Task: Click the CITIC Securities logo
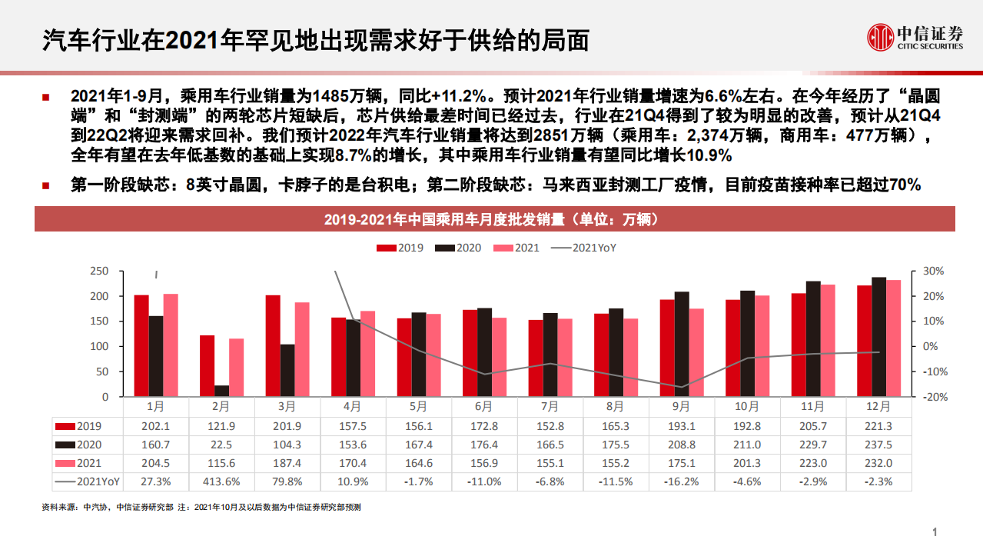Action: [915, 37]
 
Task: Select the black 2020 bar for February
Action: [221, 391]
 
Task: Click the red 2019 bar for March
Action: [272, 345]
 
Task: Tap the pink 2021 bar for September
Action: [696, 352]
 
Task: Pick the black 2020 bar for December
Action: [878, 337]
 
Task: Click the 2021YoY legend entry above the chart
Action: [583, 248]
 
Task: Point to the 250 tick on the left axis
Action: [99, 272]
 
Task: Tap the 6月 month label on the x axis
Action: [484, 407]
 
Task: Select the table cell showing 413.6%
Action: [221, 481]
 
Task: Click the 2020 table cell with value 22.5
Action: [221, 445]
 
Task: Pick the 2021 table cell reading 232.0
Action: [878, 463]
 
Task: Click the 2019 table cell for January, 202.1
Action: [156, 426]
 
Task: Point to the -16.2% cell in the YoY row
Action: [682, 481]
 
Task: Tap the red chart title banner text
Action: [494, 220]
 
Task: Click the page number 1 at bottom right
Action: [935, 532]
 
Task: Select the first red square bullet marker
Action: [46, 98]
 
